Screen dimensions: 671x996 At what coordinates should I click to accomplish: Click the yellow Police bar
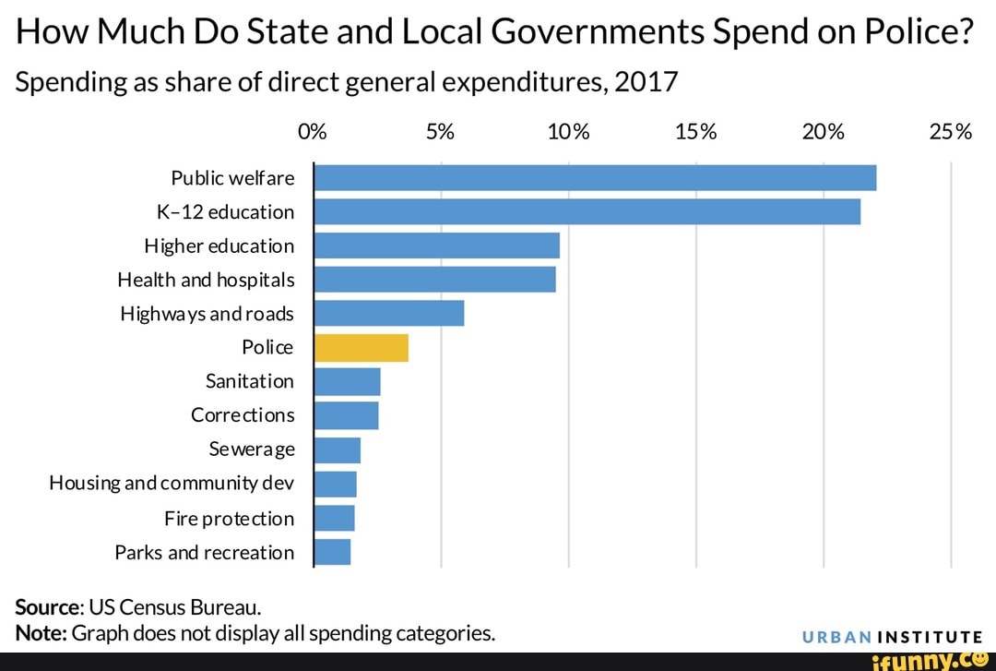click(x=362, y=348)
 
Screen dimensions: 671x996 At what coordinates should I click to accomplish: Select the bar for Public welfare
click(x=595, y=177)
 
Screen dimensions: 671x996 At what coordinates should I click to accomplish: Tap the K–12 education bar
click(x=587, y=211)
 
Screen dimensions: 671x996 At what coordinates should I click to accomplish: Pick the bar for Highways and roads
click(x=389, y=314)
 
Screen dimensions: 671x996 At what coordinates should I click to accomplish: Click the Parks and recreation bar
click(x=333, y=552)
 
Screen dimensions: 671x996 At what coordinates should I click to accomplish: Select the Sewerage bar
click(x=338, y=449)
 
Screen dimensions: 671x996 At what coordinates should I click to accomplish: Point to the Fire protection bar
click(x=335, y=518)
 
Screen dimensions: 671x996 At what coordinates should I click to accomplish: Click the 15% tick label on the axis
click(x=695, y=131)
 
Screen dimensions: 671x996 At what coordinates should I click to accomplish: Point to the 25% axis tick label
click(x=950, y=131)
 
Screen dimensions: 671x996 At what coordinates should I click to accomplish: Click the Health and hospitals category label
click(x=206, y=280)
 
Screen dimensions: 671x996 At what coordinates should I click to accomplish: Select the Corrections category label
click(x=243, y=415)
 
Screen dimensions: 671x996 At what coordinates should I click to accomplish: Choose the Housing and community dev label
click(x=172, y=484)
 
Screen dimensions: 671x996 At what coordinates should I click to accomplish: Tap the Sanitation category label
click(x=249, y=381)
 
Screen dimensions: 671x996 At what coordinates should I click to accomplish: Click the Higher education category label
click(x=219, y=246)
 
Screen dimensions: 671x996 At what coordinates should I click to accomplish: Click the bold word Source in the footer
click(x=48, y=607)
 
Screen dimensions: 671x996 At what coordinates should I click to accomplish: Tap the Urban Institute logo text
click(x=891, y=636)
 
